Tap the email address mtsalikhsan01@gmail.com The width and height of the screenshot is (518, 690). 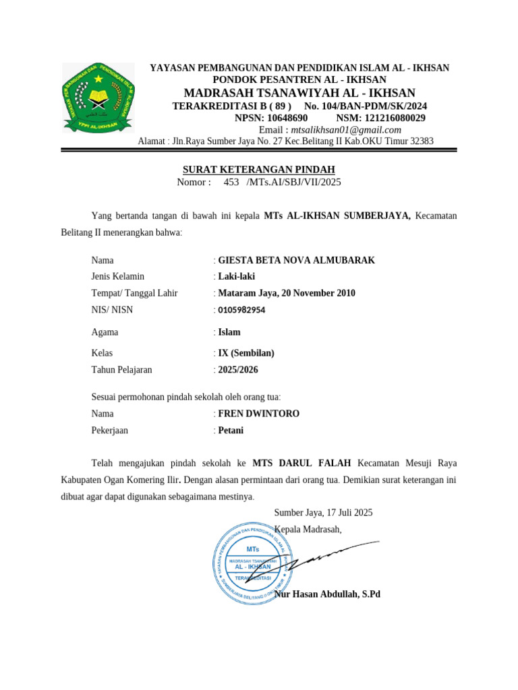[x=346, y=130]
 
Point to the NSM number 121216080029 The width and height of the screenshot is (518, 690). [x=390, y=118]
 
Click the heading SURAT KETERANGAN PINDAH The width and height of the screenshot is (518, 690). [x=259, y=169]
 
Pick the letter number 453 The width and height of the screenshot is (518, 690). [x=231, y=182]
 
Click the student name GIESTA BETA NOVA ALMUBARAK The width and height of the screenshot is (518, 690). [x=296, y=260]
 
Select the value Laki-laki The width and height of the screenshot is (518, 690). [x=237, y=276]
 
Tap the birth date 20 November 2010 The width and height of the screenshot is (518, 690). [x=320, y=293]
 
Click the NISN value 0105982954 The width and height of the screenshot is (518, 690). [x=241, y=310]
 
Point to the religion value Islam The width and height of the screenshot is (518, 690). [x=229, y=332]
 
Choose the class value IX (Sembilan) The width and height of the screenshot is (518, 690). [x=246, y=353]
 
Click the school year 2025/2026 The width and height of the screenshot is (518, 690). [x=238, y=370]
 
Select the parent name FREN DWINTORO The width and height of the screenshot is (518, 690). [x=258, y=414]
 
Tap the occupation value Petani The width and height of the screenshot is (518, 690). [x=231, y=431]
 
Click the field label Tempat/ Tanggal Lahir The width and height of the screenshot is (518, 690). [x=134, y=293]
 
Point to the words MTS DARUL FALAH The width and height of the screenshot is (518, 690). [x=301, y=464]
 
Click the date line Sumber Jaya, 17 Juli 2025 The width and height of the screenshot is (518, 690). [x=323, y=513]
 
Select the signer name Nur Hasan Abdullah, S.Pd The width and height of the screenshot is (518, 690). [x=328, y=594]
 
